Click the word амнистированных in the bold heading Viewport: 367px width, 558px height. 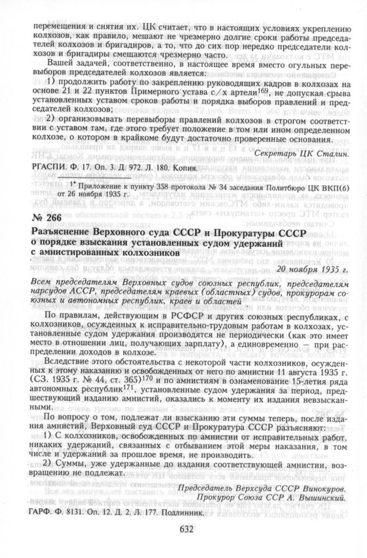tap(71, 253)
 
